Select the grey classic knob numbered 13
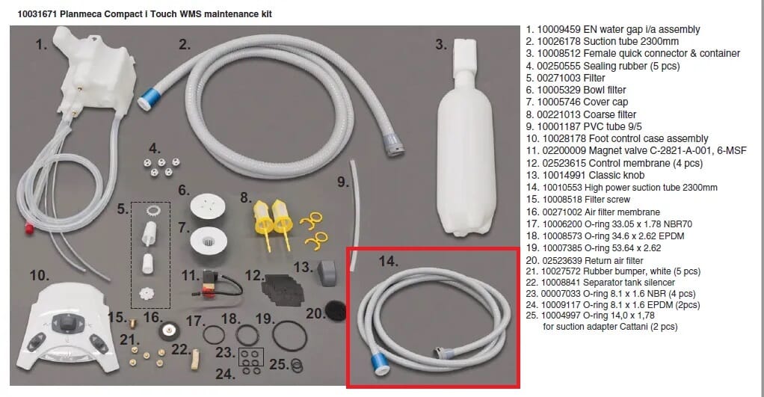327,271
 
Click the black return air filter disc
335,310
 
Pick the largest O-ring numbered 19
289,336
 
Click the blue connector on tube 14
379,364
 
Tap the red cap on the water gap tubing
29,227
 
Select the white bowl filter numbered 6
208,206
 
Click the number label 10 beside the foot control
39,275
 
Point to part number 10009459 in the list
559,29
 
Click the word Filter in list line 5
594,78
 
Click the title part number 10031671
37,14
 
